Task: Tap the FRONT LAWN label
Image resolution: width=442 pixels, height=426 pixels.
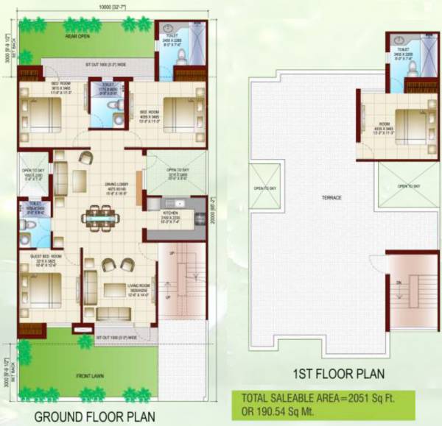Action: [88, 376]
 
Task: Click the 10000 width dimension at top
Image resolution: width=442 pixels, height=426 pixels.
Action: [108, 7]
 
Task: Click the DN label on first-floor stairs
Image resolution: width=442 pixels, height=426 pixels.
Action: [399, 281]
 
